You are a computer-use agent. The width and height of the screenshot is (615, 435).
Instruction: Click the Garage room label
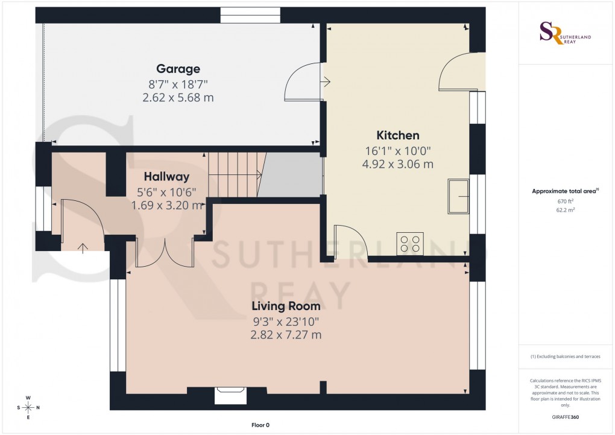(178, 69)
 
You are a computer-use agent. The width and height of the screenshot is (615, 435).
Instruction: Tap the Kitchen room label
(398, 135)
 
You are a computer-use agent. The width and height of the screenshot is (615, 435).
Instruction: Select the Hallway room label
(166, 177)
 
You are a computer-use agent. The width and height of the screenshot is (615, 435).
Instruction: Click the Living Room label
(286, 306)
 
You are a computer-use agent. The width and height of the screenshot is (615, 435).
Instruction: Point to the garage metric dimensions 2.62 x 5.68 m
(178, 97)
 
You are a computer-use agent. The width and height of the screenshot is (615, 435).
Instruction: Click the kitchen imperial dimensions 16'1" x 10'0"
(398, 150)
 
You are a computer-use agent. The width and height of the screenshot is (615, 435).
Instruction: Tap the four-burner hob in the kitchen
(409, 243)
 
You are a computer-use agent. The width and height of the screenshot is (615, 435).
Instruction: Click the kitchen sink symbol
(458, 196)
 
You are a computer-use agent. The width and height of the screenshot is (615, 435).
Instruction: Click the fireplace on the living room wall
(231, 395)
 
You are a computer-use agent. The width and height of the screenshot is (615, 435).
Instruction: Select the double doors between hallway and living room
(164, 252)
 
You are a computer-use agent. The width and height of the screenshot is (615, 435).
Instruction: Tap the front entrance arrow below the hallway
(82, 246)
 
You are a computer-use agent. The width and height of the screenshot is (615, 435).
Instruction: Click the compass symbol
(28, 407)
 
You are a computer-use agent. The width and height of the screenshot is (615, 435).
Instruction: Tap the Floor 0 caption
(260, 425)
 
